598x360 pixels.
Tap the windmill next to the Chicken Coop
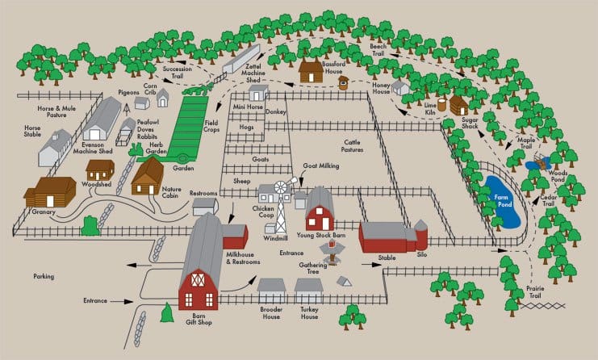tap(282, 201)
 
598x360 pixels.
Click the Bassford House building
tap(311, 71)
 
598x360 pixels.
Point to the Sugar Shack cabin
tap(458, 106)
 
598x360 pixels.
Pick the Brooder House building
tap(271, 289)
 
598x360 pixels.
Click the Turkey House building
tap(308, 289)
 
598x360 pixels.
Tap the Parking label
tap(44, 277)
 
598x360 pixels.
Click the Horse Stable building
tap(53, 147)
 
